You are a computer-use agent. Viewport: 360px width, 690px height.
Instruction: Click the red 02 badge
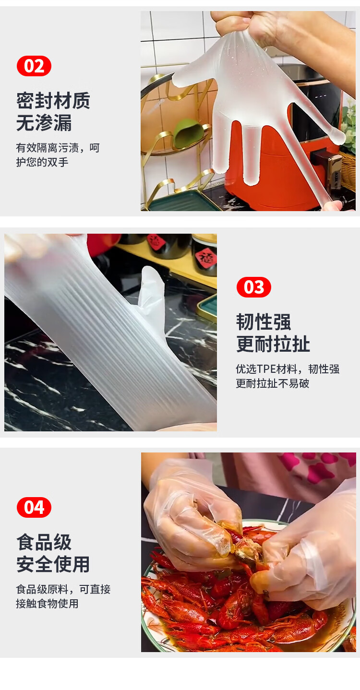[x=34, y=66]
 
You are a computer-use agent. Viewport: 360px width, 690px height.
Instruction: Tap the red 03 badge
[x=253, y=287]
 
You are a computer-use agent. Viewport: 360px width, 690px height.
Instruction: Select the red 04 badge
[x=34, y=507]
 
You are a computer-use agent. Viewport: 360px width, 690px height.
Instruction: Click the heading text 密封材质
[x=53, y=101]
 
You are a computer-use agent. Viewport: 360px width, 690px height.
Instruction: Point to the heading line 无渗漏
[x=44, y=123]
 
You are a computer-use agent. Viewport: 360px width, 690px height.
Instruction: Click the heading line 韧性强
[x=264, y=322]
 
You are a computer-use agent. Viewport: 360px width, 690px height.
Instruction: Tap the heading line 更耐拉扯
[x=273, y=344]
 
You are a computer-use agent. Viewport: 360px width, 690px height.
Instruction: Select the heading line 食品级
[x=44, y=542]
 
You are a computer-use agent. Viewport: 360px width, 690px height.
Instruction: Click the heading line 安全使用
[x=53, y=564]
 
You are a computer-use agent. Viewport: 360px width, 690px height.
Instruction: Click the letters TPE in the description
[x=266, y=369]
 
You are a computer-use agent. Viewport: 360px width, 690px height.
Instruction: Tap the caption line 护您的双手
[x=42, y=162]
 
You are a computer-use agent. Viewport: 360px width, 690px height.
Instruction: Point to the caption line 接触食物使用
[x=47, y=604]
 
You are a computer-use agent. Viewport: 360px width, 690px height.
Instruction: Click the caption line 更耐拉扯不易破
[x=273, y=383]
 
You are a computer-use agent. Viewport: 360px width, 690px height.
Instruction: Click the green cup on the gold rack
[x=189, y=134]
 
